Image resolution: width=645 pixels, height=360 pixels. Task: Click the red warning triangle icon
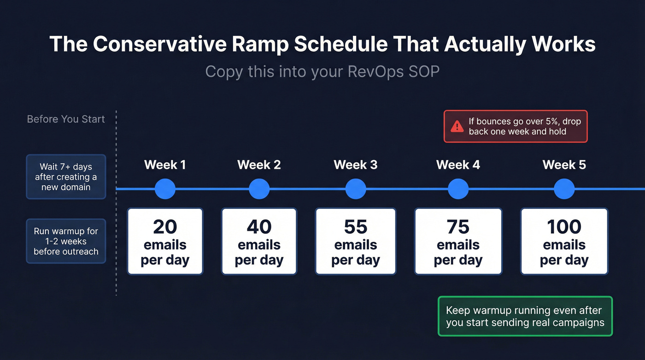(457, 126)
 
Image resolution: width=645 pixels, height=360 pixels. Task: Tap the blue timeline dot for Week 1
(165, 189)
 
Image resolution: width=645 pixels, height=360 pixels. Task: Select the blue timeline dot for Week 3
(356, 189)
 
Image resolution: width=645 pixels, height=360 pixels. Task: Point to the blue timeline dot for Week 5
(564, 189)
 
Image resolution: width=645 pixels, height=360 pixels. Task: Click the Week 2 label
(259, 165)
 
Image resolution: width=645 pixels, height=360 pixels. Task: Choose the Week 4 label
(458, 165)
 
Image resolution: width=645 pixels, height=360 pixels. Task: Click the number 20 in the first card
(165, 227)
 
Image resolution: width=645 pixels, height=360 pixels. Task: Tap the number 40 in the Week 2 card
(259, 227)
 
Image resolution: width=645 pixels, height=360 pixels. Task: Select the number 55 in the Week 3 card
(356, 227)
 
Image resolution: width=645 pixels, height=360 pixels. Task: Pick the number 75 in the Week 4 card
(458, 227)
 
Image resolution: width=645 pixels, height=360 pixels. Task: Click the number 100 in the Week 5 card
(564, 227)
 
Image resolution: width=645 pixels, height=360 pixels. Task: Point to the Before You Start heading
(66, 119)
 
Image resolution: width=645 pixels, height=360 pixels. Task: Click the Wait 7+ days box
(66, 177)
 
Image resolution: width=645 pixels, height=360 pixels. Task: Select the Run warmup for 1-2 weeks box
(66, 241)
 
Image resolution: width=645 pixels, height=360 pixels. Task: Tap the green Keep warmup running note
(525, 316)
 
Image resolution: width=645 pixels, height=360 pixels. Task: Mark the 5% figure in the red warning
(548, 122)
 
